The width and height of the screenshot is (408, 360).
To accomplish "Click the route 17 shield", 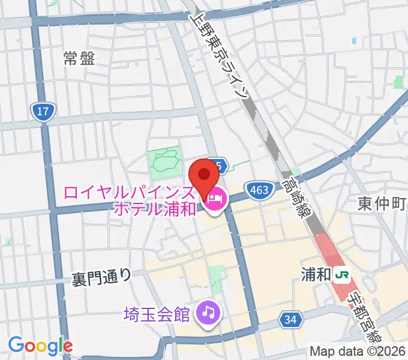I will [42, 111].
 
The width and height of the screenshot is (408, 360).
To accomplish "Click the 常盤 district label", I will [79, 58].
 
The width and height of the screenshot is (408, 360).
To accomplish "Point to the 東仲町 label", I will [382, 204].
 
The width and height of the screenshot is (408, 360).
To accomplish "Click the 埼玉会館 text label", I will [157, 313].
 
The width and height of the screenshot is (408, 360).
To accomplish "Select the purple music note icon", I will [208, 312].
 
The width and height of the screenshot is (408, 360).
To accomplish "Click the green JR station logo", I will [343, 275].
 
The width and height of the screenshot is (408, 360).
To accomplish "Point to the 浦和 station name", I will [315, 275].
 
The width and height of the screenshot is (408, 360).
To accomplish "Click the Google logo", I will [40, 346].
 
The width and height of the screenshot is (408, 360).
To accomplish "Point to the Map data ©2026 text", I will [356, 352].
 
